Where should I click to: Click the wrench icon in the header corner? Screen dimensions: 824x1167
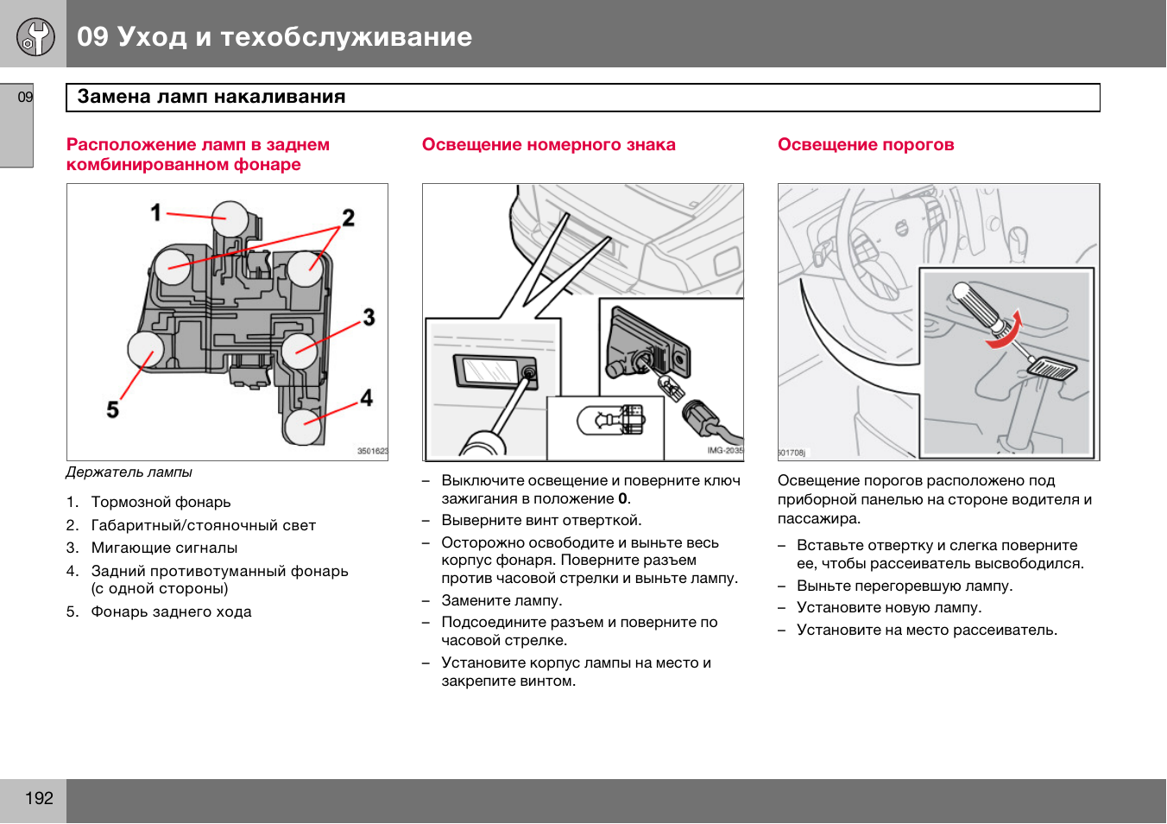pos(35,36)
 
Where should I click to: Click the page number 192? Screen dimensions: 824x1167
pos(39,798)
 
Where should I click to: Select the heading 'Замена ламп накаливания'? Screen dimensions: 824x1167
pos(211,97)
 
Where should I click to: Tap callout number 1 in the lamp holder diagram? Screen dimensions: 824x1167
pos(156,212)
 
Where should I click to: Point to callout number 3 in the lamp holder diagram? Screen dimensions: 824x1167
pos(369,317)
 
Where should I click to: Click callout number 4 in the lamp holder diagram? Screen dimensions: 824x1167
pos(367,397)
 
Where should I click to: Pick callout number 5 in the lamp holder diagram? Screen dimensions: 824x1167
pos(113,409)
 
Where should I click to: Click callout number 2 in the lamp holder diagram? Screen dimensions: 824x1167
pos(348,218)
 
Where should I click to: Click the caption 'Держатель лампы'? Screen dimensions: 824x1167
pos(129,472)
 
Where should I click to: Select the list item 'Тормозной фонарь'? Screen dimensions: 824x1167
pos(161,502)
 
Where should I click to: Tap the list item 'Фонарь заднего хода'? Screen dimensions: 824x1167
pos(171,612)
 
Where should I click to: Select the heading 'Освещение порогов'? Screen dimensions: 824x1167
pos(866,144)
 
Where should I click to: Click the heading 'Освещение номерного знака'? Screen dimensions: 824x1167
pos(548,144)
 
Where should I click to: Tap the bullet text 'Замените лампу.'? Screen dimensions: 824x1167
pos(501,600)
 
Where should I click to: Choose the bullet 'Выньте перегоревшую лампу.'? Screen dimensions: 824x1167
pos(905,586)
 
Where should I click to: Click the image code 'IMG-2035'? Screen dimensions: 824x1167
pos(724,451)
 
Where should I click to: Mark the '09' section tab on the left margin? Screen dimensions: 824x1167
pos(25,97)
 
